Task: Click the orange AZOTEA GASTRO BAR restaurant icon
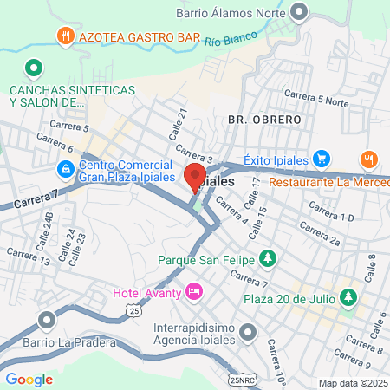click(x=65, y=36)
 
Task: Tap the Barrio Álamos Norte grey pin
click(x=301, y=12)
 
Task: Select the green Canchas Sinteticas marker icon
click(x=33, y=67)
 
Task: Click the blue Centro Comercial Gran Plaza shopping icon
click(x=65, y=168)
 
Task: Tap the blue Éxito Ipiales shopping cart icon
click(x=322, y=158)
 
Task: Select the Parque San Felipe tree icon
click(x=268, y=259)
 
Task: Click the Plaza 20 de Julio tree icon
click(x=348, y=298)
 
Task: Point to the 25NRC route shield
click(x=244, y=380)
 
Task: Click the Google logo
click(x=29, y=379)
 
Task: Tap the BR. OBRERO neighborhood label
click(x=264, y=119)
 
